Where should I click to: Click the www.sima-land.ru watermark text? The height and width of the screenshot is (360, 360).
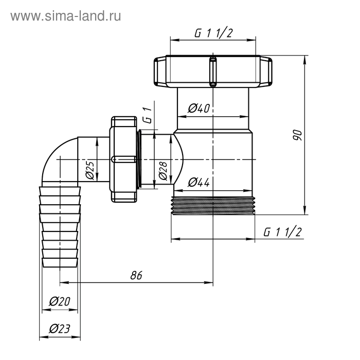(66, 16)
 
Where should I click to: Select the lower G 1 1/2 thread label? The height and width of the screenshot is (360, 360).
(282, 232)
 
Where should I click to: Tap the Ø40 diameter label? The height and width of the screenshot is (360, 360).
(199, 108)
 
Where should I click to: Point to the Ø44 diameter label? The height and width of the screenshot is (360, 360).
(199, 182)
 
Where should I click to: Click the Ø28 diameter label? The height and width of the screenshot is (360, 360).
(163, 170)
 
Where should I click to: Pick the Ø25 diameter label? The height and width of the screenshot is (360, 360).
(89, 170)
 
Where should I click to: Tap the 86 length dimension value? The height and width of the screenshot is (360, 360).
(136, 275)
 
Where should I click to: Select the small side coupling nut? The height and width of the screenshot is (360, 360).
(123, 160)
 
